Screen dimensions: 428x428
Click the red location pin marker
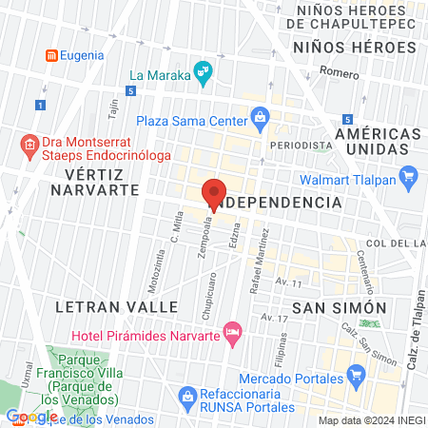(215, 194)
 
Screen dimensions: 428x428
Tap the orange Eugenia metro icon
(51, 55)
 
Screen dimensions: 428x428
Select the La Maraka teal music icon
(202, 70)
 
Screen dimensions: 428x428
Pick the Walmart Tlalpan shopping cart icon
(409, 175)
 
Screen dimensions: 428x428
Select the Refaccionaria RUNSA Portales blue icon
(187, 394)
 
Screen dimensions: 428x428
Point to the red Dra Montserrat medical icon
(28, 146)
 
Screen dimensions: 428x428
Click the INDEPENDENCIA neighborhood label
(276, 203)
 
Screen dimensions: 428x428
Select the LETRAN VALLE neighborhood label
(117, 307)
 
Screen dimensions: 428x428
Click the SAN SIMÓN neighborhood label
(339, 307)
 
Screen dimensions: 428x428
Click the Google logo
(31, 416)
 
